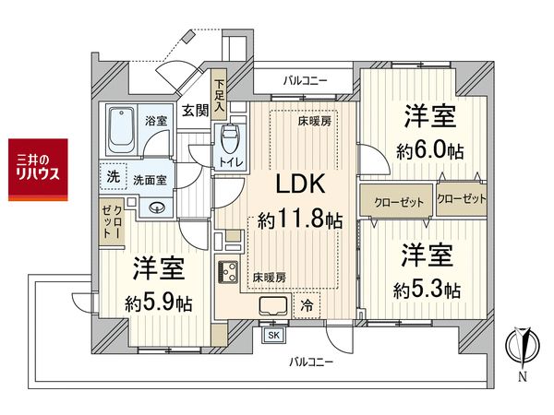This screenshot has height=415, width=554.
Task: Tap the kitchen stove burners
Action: pyautogui.click(x=226, y=272)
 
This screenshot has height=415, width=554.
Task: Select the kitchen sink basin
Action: pyautogui.click(x=275, y=307)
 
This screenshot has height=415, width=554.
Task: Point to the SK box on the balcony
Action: pyautogui.click(x=274, y=336)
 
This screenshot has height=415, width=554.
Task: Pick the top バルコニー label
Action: pyautogui.click(x=305, y=81)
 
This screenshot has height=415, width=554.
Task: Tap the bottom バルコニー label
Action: pyautogui.click(x=309, y=362)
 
